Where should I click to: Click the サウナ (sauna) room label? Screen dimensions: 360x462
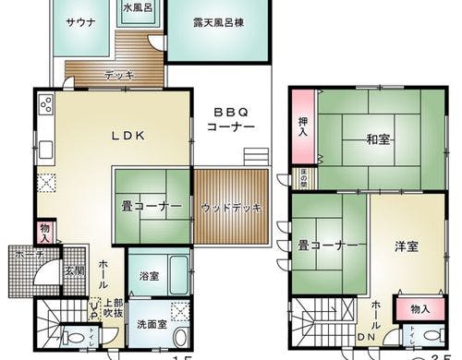pyautogui.click(x=77, y=25)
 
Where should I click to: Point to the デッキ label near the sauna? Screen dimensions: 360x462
pyautogui.click(x=117, y=76)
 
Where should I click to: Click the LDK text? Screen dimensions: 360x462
pyautogui.click(x=127, y=135)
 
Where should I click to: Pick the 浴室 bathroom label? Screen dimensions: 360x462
pyautogui.click(x=148, y=274)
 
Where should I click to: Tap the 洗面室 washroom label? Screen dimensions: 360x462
pyautogui.click(x=152, y=324)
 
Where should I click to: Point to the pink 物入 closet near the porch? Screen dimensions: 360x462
pyautogui.click(x=44, y=232)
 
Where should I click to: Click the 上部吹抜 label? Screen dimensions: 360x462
pyautogui.click(x=113, y=306)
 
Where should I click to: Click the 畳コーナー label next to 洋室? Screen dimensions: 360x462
pyautogui.click(x=327, y=246)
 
